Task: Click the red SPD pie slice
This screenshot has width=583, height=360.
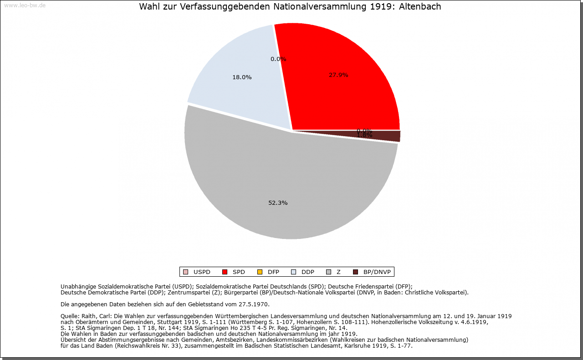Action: pyautogui.click(x=346, y=91)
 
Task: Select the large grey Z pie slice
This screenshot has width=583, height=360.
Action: pyautogui.click(x=282, y=182)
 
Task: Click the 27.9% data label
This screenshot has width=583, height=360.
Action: pyautogui.click(x=338, y=75)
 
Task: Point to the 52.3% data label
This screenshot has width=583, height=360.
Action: pyautogui.click(x=278, y=203)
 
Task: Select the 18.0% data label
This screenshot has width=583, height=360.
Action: pyautogui.click(x=242, y=77)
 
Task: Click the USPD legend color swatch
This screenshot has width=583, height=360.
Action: pyautogui.click(x=185, y=272)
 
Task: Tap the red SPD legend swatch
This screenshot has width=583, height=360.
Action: pyautogui.click(x=225, y=272)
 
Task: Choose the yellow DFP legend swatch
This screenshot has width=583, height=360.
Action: pyautogui.click(x=260, y=272)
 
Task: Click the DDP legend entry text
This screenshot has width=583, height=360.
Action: pyautogui.click(x=308, y=272)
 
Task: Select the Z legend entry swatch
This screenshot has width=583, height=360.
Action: pyautogui.click(x=328, y=272)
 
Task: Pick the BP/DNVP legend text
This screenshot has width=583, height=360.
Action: pyautogui.click(x=377, y=272)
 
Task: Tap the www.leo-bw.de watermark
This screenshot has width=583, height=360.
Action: pyautogui.click(x=25, y=5)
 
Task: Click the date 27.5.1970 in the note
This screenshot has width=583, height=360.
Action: pyautogui.click(x=253, y=304)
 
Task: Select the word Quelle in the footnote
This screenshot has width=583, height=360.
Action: pyautogui.click(x=70, y=316)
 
